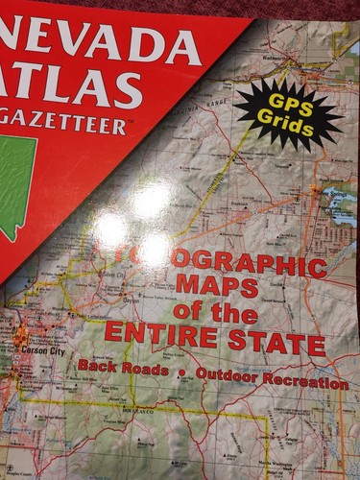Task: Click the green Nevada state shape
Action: pyautogui.click(x=19, y=192)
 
